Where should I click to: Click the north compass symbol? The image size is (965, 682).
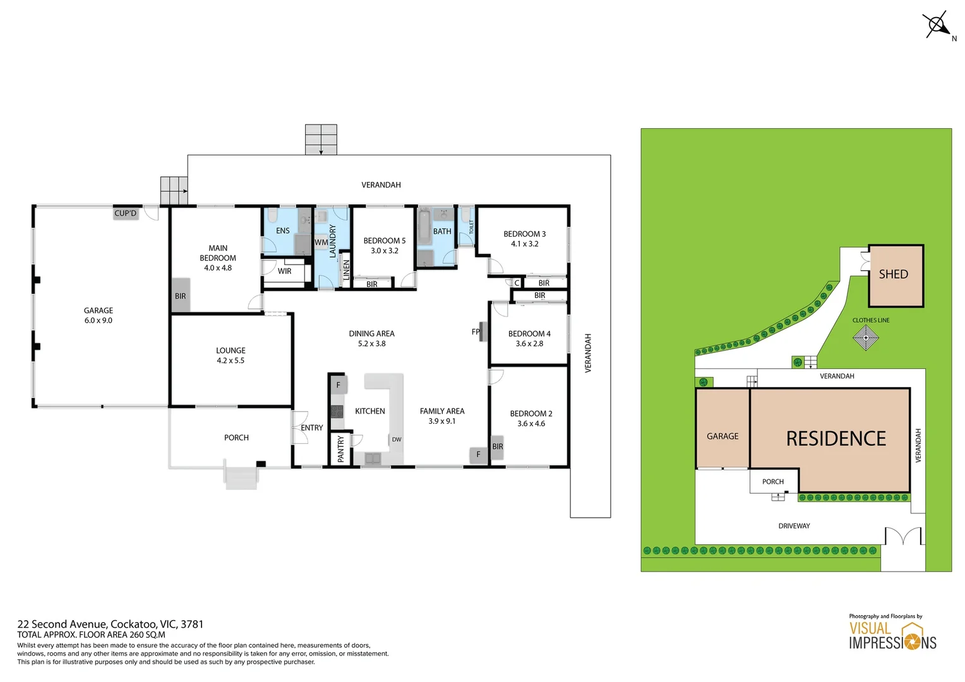[938, 25]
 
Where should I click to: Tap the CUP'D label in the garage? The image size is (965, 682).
[125, 213]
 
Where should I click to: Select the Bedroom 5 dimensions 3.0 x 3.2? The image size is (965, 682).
[384, 251]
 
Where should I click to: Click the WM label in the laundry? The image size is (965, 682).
[321, 242]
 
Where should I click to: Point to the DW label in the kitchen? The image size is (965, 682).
[396, 440]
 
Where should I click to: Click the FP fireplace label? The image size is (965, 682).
[476, 332]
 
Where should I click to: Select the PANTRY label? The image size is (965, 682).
[341, 449]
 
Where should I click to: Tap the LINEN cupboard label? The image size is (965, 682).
[346, 270]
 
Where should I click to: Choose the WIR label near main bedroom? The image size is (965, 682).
[285, 272]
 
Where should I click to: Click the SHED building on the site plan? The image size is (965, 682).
[895, 275]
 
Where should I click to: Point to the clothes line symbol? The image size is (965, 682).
[865, 338]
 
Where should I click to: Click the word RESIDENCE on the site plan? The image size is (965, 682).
[836, 439]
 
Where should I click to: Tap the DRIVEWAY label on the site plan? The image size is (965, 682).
[794, 526]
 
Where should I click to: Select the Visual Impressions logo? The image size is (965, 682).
[892, 636]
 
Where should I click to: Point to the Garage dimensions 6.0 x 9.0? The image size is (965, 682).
[99, 321]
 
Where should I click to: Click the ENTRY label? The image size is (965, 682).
[311, 428]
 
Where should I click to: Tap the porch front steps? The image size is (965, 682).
[241, 477]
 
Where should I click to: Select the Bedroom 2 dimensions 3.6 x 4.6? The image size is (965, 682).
[530, 424]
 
